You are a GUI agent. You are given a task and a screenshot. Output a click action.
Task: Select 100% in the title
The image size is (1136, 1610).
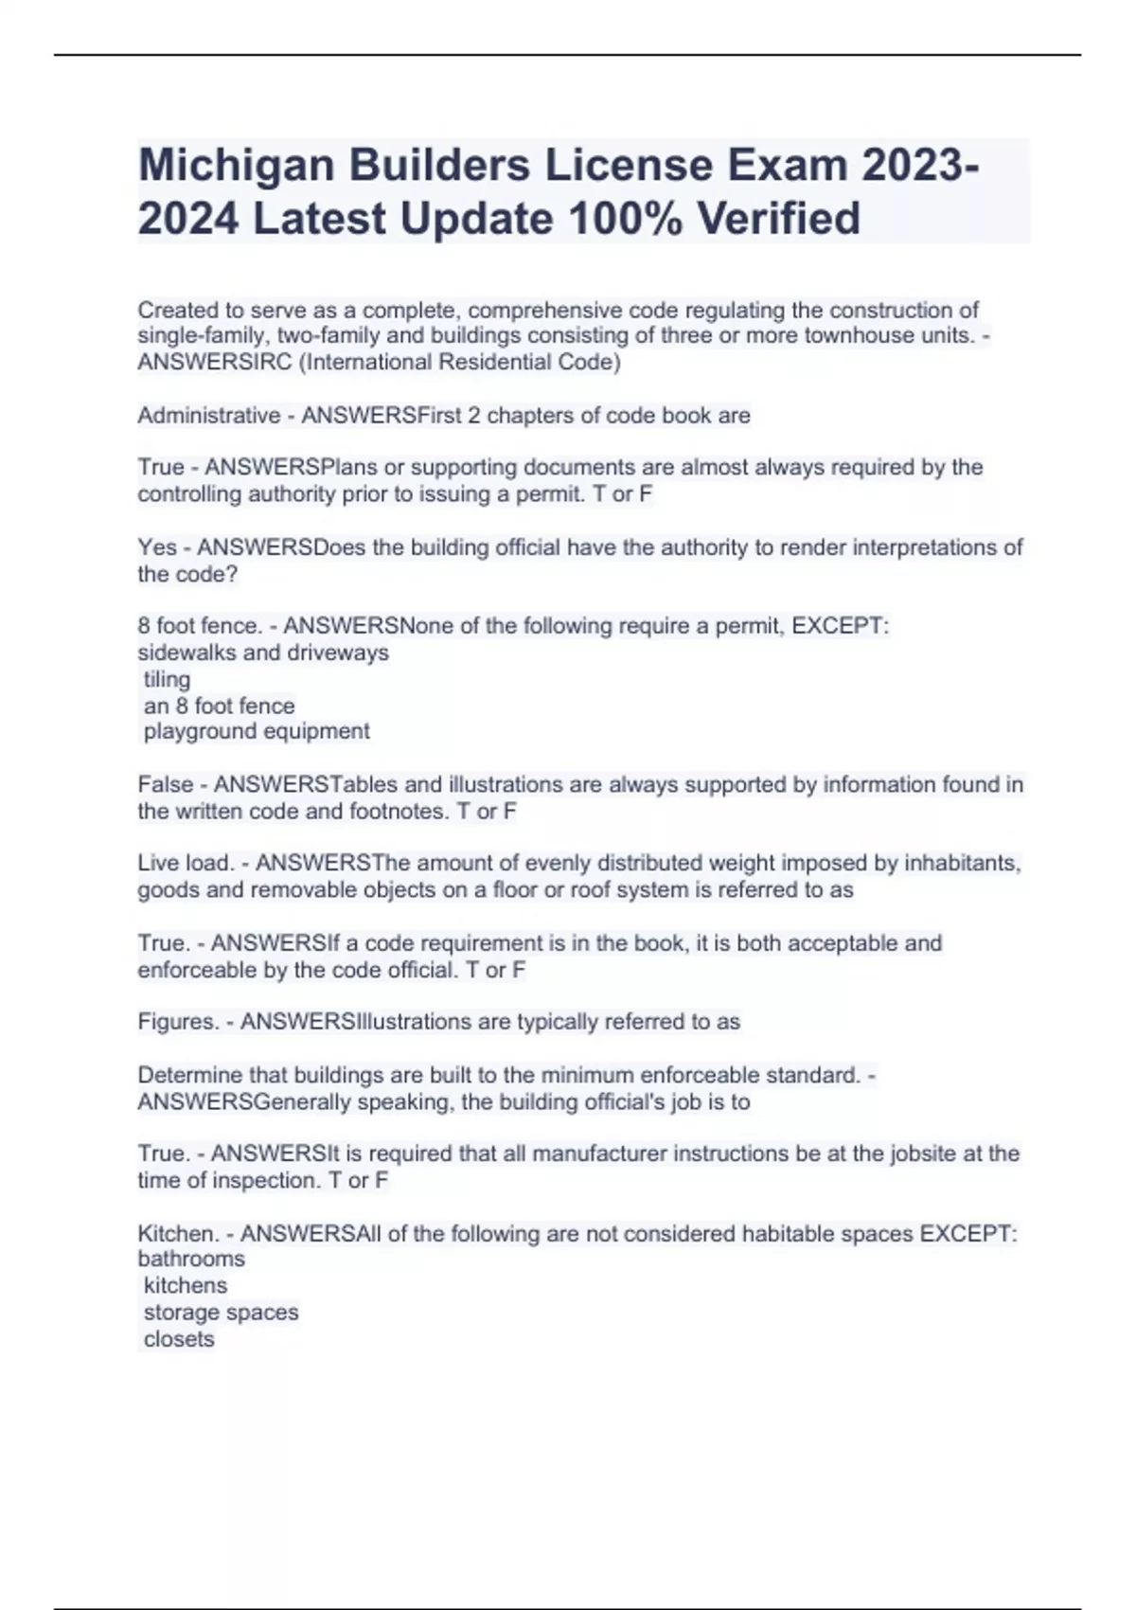pyautogui.click(x=625, y=219)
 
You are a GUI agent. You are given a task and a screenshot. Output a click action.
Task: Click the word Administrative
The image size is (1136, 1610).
pyautogui.click(x=208, y=416)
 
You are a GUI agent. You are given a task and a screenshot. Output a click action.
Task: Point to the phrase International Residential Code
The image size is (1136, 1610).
pyautogui.click(x=459, y=362)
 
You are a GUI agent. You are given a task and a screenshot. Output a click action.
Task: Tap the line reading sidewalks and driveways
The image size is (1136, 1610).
pyautogui.click(x=263, y=653)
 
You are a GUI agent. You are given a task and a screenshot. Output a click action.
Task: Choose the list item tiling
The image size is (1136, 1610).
pyautogui.click(x=167, y=679)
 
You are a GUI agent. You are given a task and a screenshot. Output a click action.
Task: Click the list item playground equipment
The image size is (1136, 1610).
pyautogui.click(x=257, y=731)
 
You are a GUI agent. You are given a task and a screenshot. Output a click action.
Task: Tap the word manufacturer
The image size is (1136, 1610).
pyautogui.click(x=603, y=1154)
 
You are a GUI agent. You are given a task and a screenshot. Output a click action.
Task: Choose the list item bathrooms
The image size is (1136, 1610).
pyautogui.click(x=191, y=1259)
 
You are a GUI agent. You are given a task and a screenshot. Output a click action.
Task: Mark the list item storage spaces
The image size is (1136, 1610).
pyautogui.click(x=221, y=1313)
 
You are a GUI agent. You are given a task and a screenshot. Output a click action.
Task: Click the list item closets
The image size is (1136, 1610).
pyautogui.click(x=179, y=1339)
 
